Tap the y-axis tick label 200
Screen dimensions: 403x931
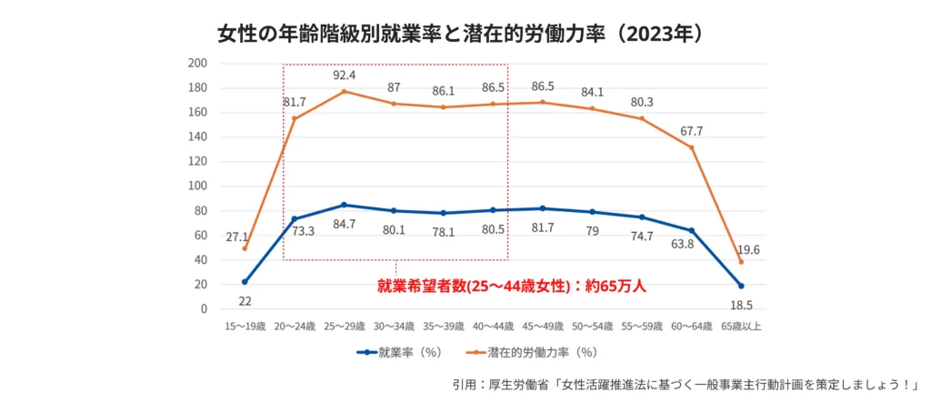click(x=197, y=64)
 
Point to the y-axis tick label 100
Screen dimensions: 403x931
click(x=197, y=186)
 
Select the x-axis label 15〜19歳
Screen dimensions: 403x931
click(x=245, y=326)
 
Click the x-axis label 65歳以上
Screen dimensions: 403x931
click(x=741, y=326)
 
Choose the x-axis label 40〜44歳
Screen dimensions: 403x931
click(x=493, y=326)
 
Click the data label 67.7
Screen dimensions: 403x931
click(x=691, y=131)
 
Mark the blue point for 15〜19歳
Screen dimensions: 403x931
click(x=245, y=282)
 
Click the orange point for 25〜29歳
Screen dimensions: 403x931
click(x=344, y=92)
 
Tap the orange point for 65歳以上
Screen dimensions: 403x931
click(x=741, y=262)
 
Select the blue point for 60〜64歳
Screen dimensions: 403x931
click(x=691, y=230)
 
